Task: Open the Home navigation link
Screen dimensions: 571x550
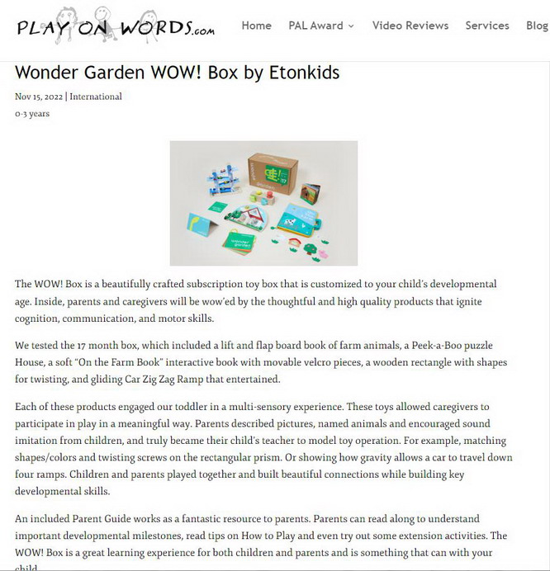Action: (256, 26)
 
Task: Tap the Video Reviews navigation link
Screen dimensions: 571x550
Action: (410, 26)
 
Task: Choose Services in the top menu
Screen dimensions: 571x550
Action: (487, 26)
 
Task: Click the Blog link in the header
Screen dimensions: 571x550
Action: (537, 26)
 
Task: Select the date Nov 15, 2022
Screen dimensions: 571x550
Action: (39, 97)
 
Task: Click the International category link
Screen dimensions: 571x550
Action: (96, 97)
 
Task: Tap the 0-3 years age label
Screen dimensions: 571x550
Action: (32, 114)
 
